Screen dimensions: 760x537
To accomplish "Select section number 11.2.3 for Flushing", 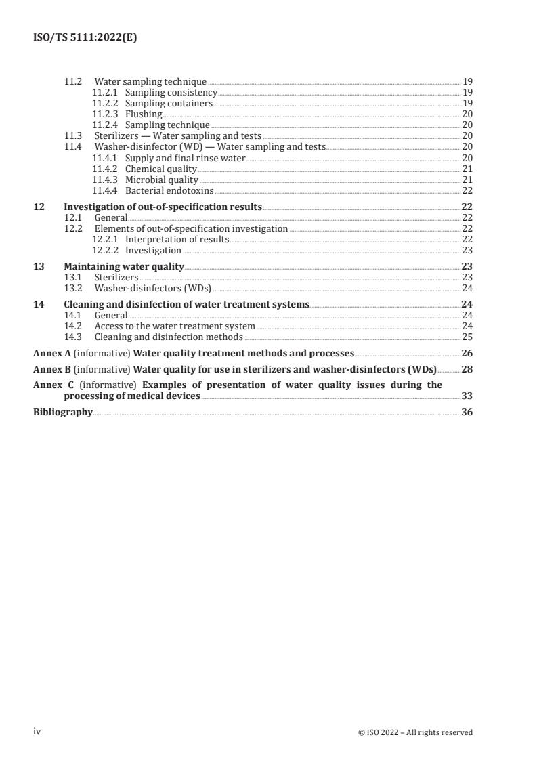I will (x=104, y=114).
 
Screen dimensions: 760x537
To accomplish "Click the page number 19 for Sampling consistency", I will (x=467, y=93).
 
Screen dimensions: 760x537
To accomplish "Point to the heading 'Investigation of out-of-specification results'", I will (x=163, y=207).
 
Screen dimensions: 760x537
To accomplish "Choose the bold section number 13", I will (x=39, y=267).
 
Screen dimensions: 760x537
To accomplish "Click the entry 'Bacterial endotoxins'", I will (x=169, y=191).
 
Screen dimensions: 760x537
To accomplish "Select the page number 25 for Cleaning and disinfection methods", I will (x=467, y=337).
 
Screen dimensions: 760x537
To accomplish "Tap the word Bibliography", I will (x=63, y=413).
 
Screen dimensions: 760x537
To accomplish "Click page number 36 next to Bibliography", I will (x=467, y=413).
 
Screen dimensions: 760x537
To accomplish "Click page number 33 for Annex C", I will (x=467, y=396).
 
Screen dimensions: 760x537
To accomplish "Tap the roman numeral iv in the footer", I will (x=37, y=732).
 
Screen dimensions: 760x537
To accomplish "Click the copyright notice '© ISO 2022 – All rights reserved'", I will (x=415, y=732).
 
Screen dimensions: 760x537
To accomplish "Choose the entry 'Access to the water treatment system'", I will (x=175, y=326).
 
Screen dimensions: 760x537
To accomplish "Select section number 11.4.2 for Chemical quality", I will (x=104, y=169).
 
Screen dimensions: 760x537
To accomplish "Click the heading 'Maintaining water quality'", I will (x=124, y=267).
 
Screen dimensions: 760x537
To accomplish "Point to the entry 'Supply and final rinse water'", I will (x=186, y=159).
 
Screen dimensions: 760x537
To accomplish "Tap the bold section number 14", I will (x=39, y=305).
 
